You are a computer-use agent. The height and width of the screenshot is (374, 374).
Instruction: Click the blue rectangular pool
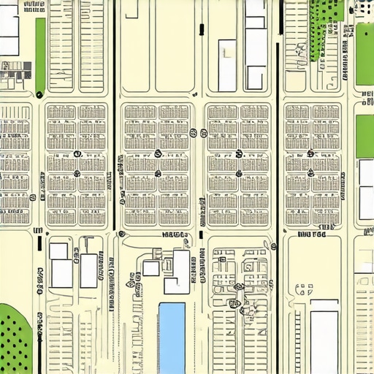point(172,337)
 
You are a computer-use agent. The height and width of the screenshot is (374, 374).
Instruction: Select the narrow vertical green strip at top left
point(40,55)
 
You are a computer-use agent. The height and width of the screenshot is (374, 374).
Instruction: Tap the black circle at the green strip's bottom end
point(39,93)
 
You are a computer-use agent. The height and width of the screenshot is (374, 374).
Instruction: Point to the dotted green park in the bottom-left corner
point(15,340)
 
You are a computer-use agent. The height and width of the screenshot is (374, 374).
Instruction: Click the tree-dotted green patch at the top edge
point(325,26)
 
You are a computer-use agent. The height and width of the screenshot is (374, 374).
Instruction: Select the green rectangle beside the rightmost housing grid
point(365,136)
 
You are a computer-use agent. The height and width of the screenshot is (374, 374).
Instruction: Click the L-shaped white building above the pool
point(178,272)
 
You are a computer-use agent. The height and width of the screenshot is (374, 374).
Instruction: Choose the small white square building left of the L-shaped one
point(150,268)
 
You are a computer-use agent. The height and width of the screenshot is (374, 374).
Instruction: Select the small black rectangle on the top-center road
point(200,29)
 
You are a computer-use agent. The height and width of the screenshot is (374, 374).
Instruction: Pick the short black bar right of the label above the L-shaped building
point(200,235)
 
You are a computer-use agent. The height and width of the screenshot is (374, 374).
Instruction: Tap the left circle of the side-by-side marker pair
point(193,133)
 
